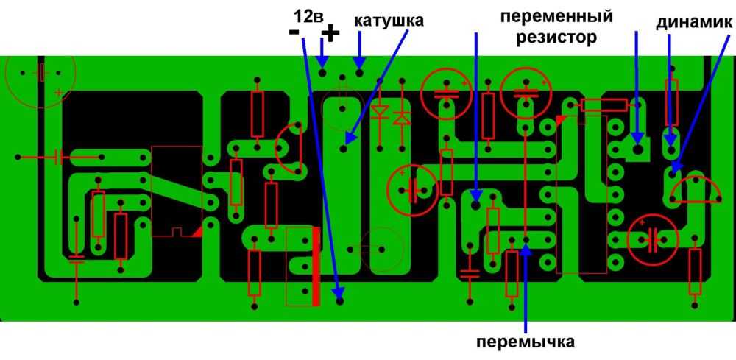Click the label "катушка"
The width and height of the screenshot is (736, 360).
(389, 20)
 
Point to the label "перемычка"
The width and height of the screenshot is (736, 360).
(525, 342)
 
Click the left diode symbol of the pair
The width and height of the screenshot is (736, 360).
(380, 113)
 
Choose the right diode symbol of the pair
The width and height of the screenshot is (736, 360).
(402, 116)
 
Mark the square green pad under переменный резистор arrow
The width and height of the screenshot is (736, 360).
(637, 149)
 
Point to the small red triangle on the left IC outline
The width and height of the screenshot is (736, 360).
(197, 231)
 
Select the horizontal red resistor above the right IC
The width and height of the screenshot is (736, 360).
(604, 105)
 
